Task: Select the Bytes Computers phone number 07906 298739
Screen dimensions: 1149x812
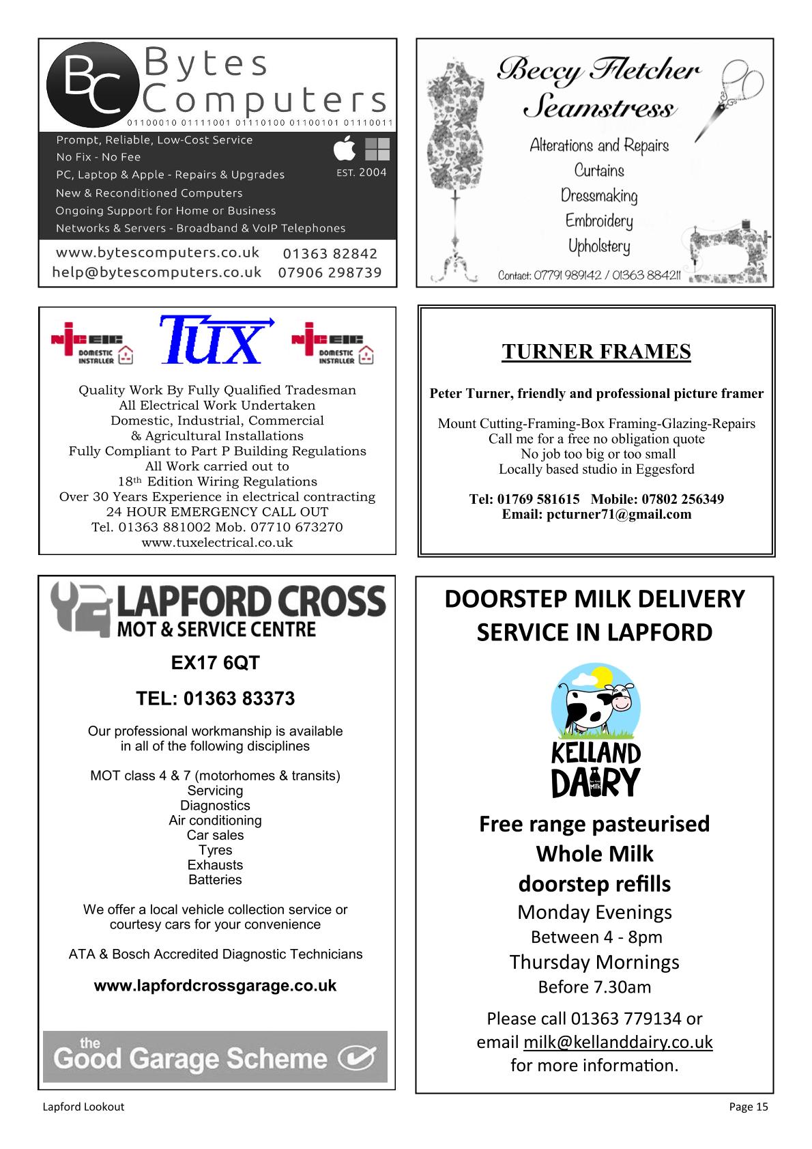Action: pos(330,272)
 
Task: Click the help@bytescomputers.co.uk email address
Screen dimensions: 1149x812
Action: pos(157,272)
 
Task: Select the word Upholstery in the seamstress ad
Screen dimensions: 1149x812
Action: pos(599,246)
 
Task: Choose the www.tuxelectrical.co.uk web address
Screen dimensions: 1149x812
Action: pos(217,543)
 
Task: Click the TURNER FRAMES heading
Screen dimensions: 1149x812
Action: pos(596,352)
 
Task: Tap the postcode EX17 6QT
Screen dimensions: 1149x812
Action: pos(215,663)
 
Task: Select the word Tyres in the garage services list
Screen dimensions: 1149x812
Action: pos(215,850)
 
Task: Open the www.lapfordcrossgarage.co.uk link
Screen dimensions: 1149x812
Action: pos(215,986)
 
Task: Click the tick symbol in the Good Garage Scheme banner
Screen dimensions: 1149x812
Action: pos(358,1059)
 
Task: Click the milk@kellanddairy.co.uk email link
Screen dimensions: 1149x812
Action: pos(618,1042)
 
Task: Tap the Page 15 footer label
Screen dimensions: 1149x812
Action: pos(749,1107)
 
